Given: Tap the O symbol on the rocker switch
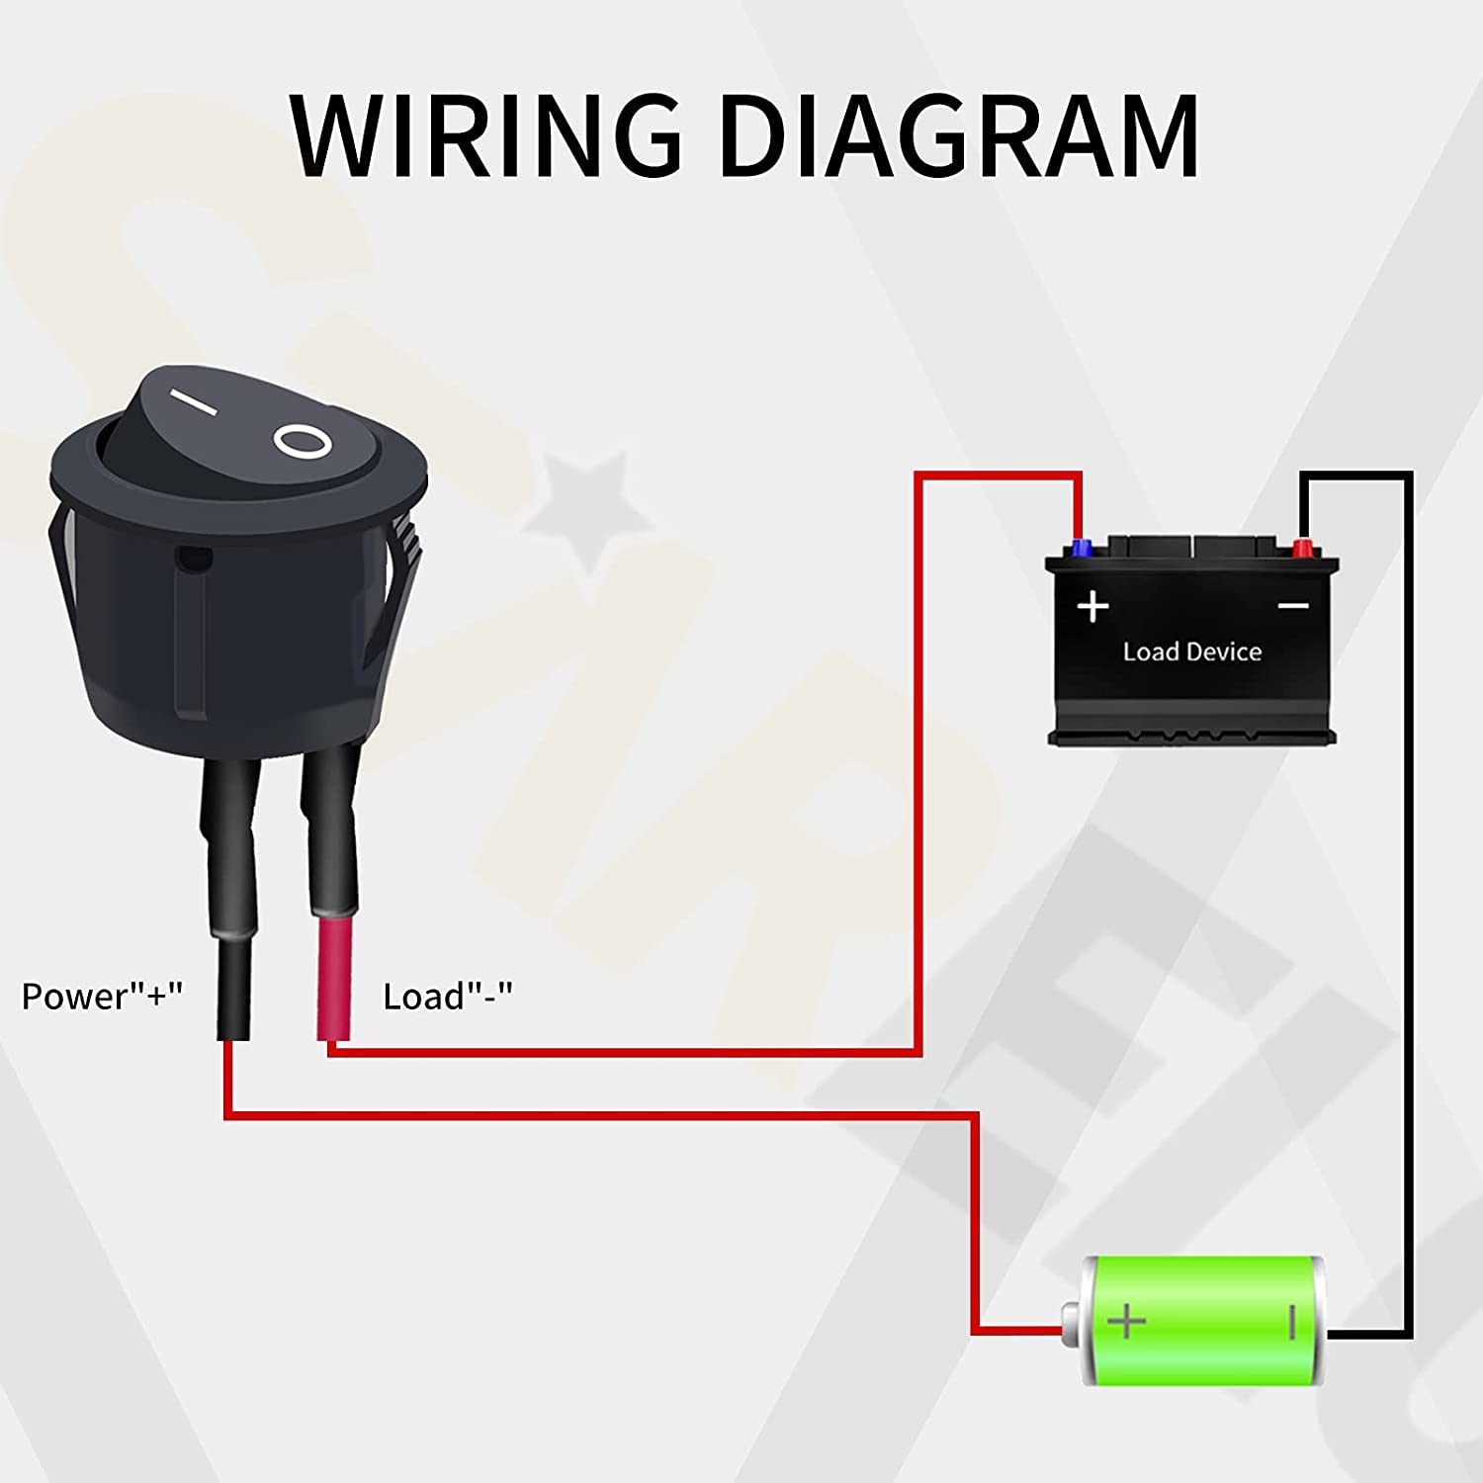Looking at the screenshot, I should [x=303, y=442].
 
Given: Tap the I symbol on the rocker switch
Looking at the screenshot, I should [x=192, y=402].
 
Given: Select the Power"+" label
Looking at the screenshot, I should [x=102, y=997].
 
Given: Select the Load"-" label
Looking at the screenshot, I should [x=448, y=997].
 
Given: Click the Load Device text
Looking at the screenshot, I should [x=1191, y=653].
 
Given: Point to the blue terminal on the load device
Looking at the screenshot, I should [x=1081, y=548].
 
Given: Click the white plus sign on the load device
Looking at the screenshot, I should [x=1092, y=606].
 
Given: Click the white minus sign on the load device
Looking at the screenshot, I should [x=1293, y=606].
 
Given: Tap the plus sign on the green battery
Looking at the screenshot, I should [x=1126, y=1321].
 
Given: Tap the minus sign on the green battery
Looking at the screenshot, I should [x=1291, y=1321].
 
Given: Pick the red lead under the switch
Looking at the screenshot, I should [x=333, y=979].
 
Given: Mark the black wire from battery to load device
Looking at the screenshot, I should [x=1408, y=890].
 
